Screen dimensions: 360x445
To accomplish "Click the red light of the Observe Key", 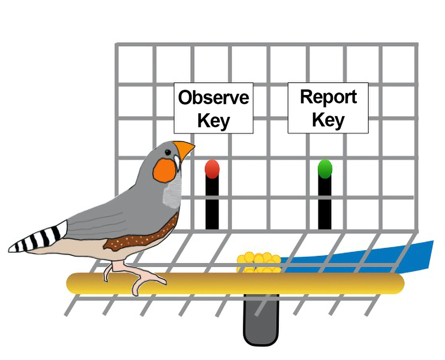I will pyautogui.click(x=212, y=169).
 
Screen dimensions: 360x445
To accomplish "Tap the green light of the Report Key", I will pyautogui.click(x=325, y=169).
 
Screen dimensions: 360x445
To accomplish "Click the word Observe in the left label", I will pyautogui.click(x=214, y=97).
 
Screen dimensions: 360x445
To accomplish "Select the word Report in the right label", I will pyautogui.click(x=328, y=97).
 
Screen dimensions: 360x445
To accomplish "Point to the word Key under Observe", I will pyautogui.click(x=214, y=120).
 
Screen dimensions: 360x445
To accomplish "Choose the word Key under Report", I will pyautogui.click(x=328, y=120).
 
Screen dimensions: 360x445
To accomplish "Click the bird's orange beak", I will pyautogui.click(x=183, y=150).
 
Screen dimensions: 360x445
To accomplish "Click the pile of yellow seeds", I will pyautogui.click(x=258, y=263).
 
